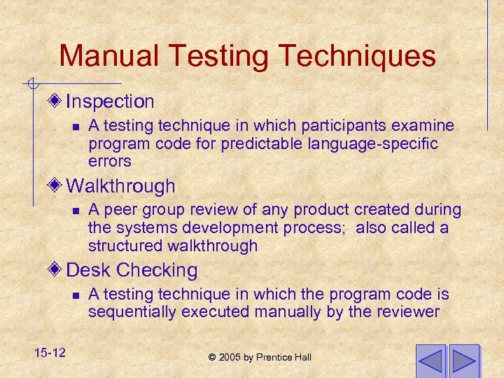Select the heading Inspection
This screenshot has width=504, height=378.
110,101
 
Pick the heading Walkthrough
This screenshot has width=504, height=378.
120,186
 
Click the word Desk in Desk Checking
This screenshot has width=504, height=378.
88,270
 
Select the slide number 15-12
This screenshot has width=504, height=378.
48,353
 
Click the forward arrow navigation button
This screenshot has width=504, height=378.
464,361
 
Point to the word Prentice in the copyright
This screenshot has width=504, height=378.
275,358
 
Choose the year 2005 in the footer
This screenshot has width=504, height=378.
230,358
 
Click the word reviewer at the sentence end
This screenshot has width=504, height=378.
410,312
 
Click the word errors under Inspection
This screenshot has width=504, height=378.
110,161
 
